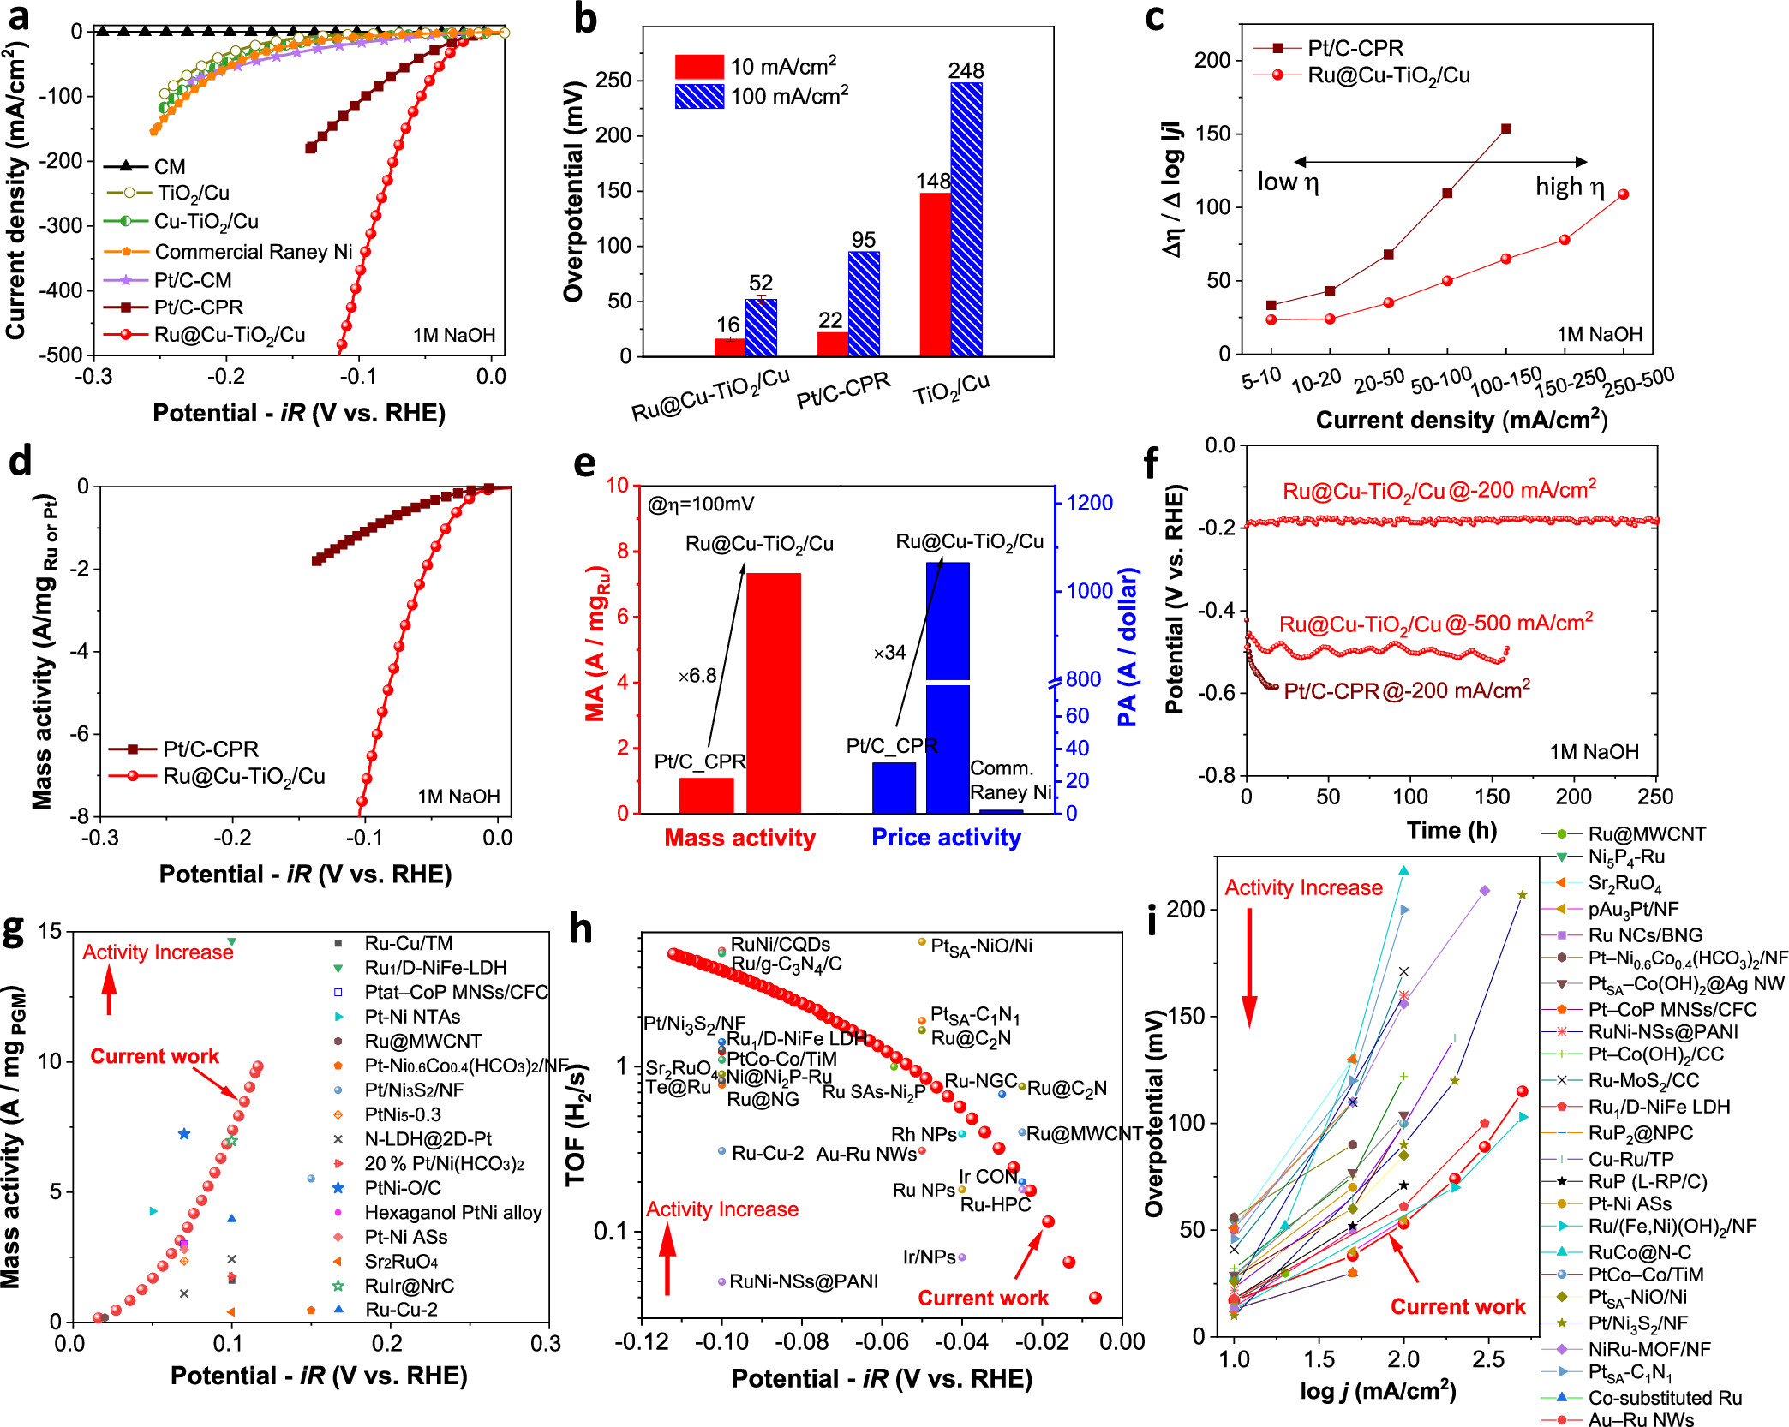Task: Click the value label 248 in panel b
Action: point(966,70)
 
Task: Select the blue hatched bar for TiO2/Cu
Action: point(966,218)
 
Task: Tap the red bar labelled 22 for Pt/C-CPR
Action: point(833,343)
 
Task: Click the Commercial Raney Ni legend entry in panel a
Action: point(253,251)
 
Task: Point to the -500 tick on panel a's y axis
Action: point(64,355)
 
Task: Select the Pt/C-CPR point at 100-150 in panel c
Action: point(1505,128)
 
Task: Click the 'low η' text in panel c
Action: point(1287,182)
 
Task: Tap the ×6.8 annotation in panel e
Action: point(697,676)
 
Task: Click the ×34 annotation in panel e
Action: point(889,653)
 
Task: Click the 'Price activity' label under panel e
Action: point(946,838)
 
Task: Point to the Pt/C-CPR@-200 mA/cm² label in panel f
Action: point(1406,690)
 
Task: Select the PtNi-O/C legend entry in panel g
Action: point(403,1188)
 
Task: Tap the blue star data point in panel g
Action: point(183,1134)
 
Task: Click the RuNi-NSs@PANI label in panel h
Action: point(803,1281)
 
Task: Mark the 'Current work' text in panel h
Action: point(983,1298)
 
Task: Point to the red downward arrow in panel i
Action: point(1249,968)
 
